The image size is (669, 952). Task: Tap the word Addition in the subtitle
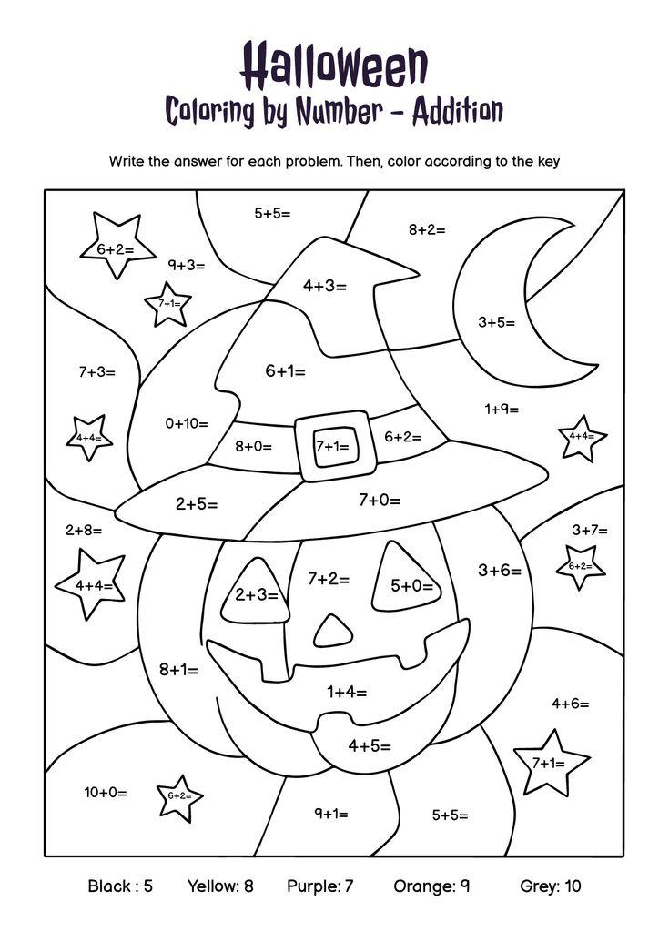pos(457,111)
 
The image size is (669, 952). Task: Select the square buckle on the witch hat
pos(332,446)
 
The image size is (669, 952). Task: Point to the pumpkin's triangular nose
pos(333,630)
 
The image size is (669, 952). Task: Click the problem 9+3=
pos(186,265)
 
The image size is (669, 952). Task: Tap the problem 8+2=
pos(427,229)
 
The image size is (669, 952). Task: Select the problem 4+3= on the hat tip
pos(325,286)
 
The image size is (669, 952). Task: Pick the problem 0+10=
pos(187,423)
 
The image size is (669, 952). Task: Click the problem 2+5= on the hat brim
pos(197,503)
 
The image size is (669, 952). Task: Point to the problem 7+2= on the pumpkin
pos(329,579)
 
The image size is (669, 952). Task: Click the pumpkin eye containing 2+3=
pos(256,594)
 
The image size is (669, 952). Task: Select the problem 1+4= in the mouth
pos(347,692)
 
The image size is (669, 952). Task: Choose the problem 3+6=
pos(500,571)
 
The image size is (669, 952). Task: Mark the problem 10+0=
pos(106,792)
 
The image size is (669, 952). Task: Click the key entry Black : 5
pos(120,886)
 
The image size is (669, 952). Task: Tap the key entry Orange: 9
pos(431,886)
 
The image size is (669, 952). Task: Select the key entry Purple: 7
pos(319,886)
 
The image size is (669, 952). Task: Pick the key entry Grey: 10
pos(550,886)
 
